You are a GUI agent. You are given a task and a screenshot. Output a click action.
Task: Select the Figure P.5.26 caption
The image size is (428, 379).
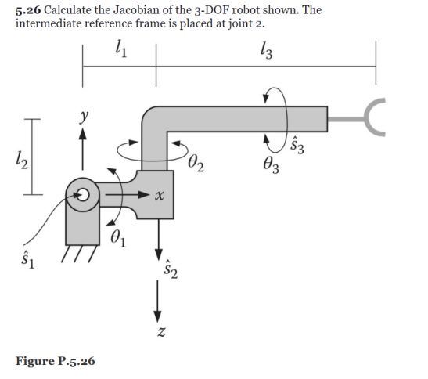point(55,361)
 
